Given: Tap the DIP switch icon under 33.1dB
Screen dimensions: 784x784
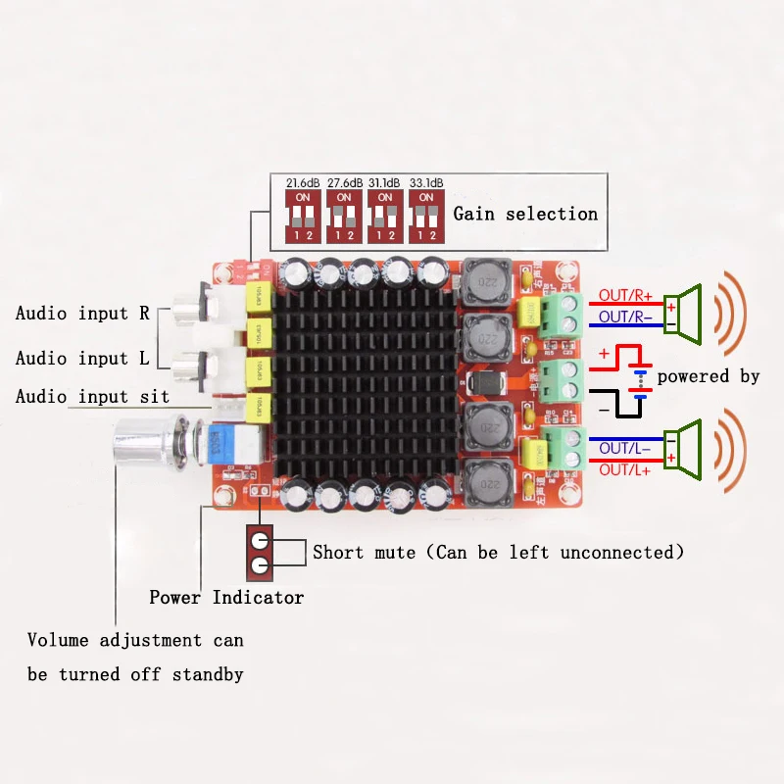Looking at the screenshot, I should (425, 216).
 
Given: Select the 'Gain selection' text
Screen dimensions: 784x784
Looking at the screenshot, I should (525, 214).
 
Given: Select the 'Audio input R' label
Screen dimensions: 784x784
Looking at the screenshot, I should (82, 314).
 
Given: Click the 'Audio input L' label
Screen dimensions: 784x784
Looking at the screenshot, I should (81, 359).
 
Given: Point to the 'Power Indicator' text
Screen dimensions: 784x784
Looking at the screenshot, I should (226, 597).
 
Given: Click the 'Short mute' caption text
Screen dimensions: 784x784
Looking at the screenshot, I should (498, 553).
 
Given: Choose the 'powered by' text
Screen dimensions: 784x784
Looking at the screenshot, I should (708, 376).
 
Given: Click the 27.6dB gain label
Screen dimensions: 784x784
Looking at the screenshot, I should (344, 183).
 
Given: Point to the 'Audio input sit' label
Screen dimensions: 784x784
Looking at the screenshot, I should (92, 397).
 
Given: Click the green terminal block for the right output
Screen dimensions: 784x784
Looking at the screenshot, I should (557, 314).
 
